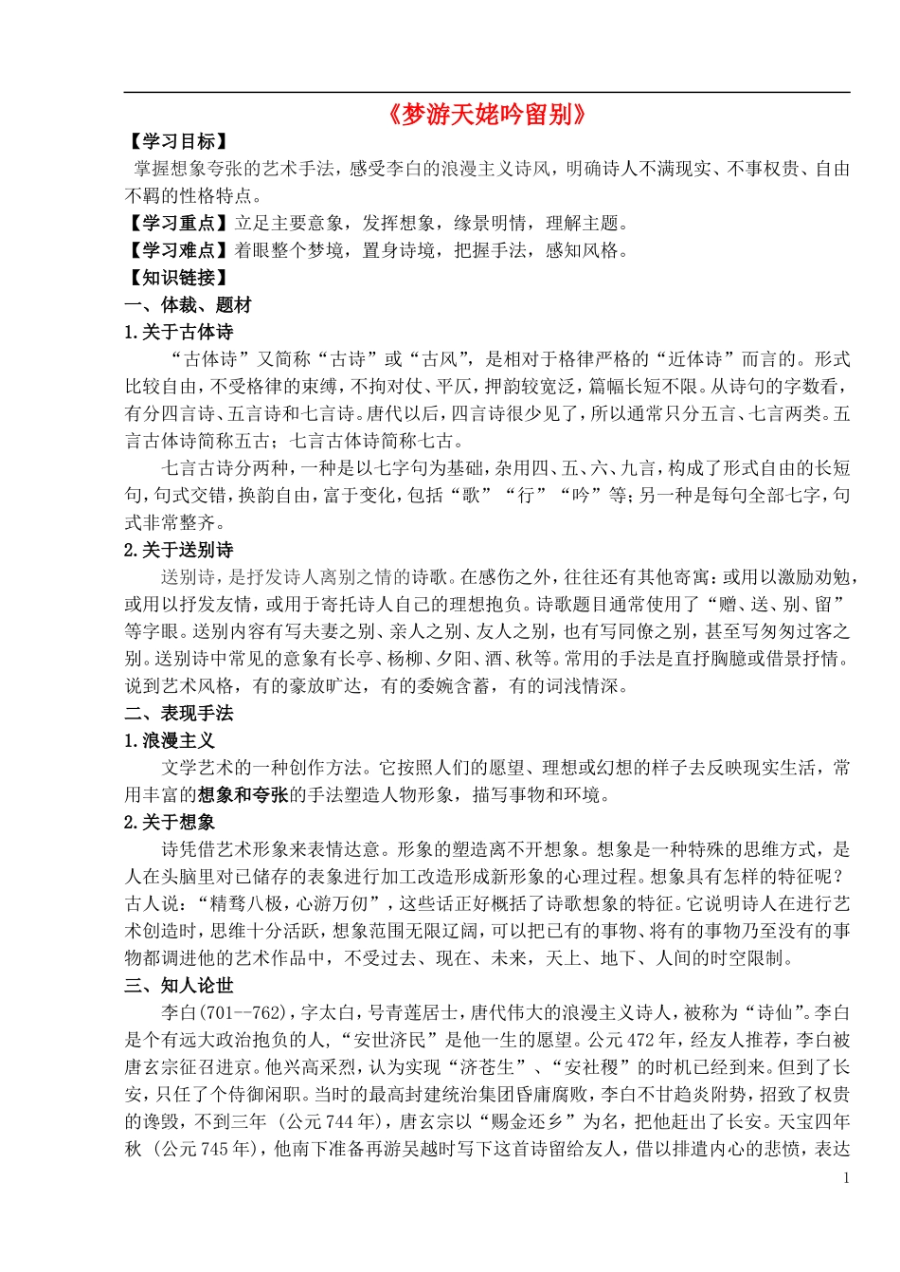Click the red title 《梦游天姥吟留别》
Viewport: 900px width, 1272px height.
(487, 115)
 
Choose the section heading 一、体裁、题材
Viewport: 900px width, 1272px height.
(188, 305)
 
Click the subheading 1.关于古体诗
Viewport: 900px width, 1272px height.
(178, 333)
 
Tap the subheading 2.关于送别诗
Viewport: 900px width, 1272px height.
(178, 551)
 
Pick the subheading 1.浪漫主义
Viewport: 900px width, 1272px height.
(170, 741)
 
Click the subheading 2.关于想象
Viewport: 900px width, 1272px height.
(170, 823)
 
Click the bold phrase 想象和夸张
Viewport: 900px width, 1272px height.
(243, 795)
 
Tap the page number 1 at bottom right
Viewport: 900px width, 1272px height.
(846, 1178)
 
